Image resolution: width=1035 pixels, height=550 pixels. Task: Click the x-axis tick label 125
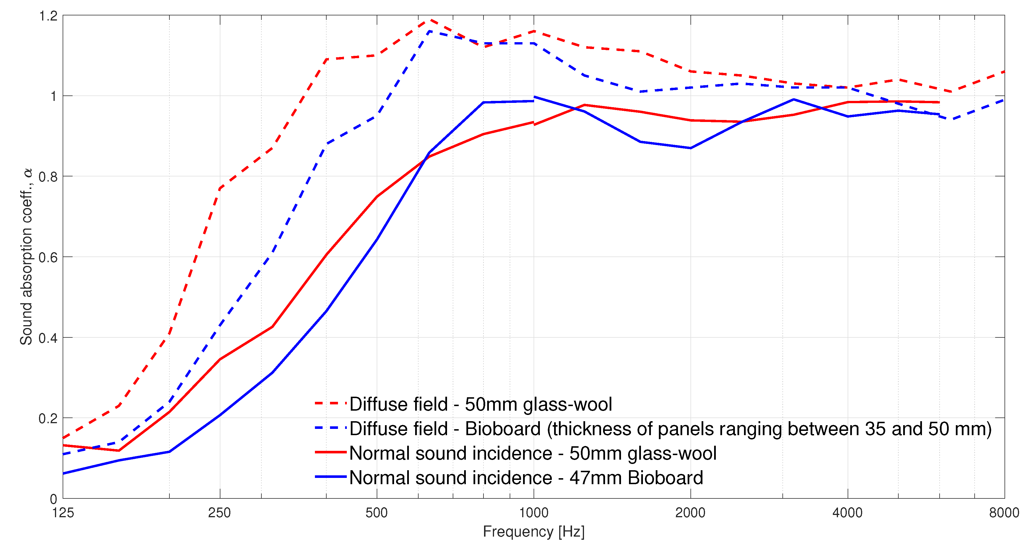tap(63, 513)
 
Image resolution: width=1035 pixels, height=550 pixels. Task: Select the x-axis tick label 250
tap(219, 513)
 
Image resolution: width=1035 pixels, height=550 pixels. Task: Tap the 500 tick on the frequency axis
tap(376, 513)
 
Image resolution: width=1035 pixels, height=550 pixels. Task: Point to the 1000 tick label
tap(534, 513)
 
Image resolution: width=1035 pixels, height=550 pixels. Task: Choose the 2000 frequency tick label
tap(690, 513)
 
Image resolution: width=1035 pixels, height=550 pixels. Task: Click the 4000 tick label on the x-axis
tap(847, 513)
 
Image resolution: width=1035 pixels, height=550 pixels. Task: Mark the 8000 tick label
tap(1004, 513)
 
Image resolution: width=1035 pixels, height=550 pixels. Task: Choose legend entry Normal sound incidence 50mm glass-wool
tap(533, 453)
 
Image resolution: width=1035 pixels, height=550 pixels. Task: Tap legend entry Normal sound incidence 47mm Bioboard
tap(526, 478)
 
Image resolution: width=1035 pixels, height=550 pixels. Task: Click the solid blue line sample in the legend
tap(331, 477)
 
